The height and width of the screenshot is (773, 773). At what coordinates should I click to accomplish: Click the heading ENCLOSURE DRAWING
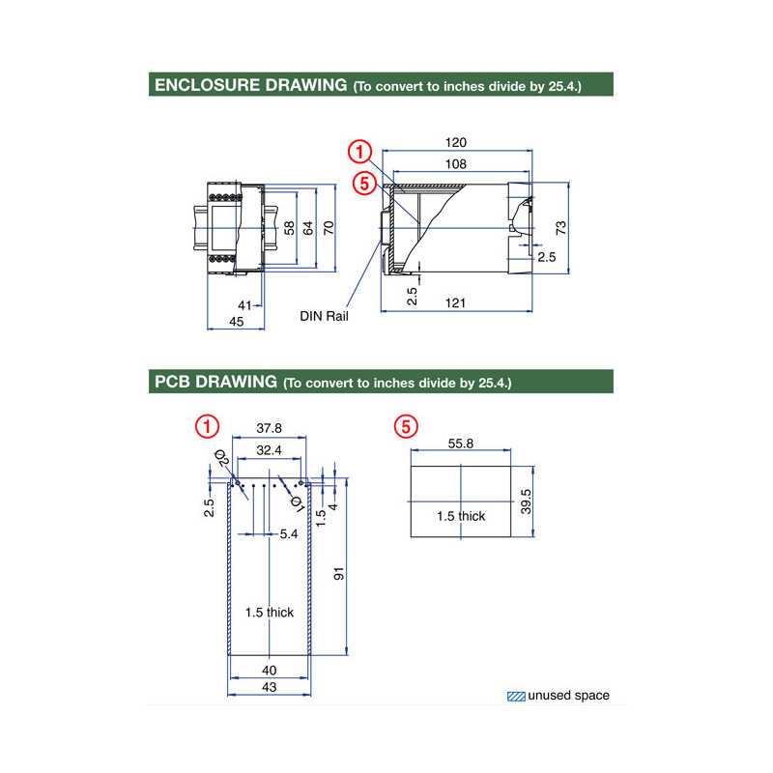coord(249,85)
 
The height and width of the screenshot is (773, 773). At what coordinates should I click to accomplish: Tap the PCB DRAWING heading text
coord(215,382)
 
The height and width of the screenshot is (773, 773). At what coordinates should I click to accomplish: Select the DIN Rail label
coord(324,316)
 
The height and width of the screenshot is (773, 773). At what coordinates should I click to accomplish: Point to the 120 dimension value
coord(456,143)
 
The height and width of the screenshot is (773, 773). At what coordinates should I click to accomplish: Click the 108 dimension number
coord(456,164)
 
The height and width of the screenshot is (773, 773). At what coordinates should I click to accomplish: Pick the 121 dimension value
coord(456,303)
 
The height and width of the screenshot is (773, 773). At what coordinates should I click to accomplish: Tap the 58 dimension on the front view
coord(288,228)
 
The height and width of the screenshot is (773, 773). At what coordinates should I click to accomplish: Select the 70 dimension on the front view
coord(329,228)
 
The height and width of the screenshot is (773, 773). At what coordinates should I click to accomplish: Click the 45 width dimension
coord(236,322)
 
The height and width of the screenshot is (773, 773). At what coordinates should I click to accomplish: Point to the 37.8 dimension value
coord(270,428)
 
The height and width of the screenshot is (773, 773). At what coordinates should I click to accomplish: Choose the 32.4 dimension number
coord(270,450)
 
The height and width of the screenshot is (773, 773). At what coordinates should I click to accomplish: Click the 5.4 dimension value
coord(288,533)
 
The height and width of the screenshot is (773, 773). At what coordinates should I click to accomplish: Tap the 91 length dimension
coord(338,574)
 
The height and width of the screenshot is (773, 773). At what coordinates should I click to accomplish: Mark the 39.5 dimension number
coord(526,501)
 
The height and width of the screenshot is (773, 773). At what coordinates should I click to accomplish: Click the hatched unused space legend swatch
coord(516,696)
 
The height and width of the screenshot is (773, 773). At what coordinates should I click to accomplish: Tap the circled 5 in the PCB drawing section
coord(406,425)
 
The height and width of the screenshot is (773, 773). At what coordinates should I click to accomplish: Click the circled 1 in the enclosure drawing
coord(359,152)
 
